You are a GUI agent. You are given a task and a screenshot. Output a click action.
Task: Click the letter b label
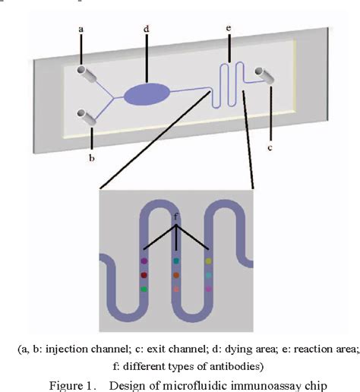click(x=92, y=157)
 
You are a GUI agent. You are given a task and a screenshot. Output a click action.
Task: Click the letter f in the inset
click(x=176, y=216)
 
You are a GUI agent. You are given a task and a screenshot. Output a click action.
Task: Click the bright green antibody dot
click(x=144, y=289)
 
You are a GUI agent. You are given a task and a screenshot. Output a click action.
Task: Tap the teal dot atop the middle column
click(x=176, y=261)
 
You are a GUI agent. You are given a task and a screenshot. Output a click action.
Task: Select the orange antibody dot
click(x=176, y=275)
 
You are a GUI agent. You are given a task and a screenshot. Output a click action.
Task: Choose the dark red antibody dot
click(x=144, y=275)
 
